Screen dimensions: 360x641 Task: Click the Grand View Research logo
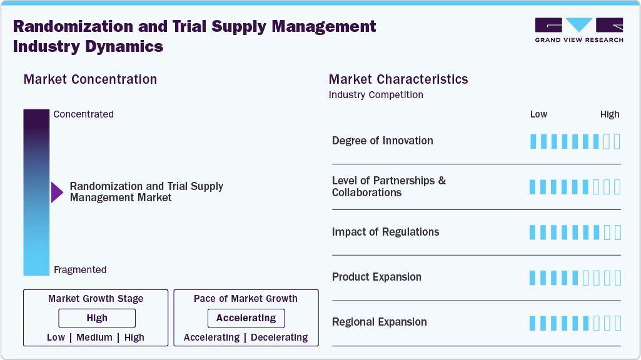coord(578,29)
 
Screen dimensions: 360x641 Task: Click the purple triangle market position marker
coord(57,192)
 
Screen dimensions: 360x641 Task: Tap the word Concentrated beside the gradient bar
coord(83,114)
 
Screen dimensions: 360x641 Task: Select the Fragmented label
coord(80,270)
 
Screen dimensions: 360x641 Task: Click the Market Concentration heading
coord(90,79)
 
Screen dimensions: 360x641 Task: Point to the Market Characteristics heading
coord(398,79)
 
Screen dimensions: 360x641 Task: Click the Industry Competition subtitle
coord(376,95)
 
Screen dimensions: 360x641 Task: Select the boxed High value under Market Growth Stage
coord(97,318)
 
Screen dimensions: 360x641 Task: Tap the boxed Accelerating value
coord(246,318)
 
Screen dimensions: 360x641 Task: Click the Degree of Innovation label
coord(383,141)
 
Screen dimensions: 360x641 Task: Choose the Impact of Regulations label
coord(386,232)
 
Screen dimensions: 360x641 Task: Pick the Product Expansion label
coord(376,277)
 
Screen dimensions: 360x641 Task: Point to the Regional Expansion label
coord(380,322)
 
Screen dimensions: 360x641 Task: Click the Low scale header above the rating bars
coord(538,114)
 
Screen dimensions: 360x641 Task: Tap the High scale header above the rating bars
coord(610,114)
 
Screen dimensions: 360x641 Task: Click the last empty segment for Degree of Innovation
coord(617,141)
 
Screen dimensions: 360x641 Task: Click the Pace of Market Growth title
coord(246,299)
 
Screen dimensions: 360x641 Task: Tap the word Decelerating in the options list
coord(280,337)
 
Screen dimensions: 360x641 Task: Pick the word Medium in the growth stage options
coord(95,337)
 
